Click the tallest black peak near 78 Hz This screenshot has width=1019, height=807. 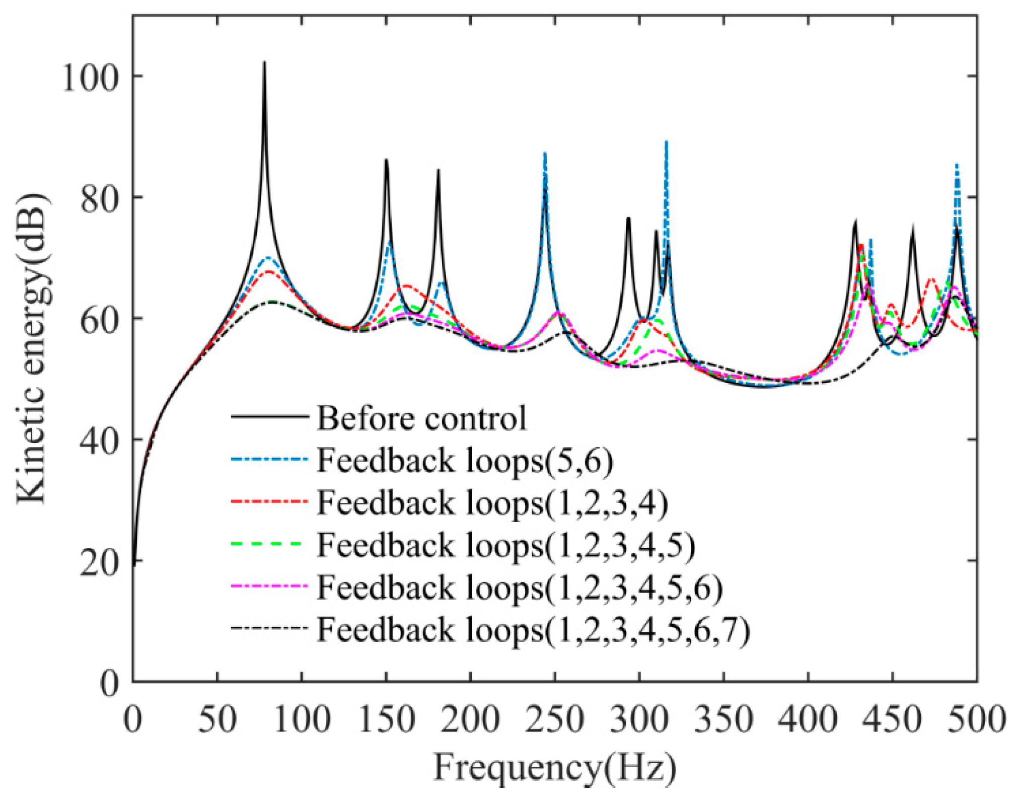(x=264, y=63)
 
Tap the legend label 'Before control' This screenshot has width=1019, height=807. (x=422, y=418)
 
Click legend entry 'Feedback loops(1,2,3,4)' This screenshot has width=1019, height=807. (x=492, y=502)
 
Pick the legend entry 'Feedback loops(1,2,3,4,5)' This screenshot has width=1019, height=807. (x=506, y=545)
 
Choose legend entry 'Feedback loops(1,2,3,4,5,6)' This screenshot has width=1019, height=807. (x=520, y=587)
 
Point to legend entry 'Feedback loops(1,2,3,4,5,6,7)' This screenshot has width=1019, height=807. (x=533, y=629)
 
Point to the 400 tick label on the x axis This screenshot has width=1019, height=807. (x=808, y=719)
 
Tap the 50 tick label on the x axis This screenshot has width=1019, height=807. (x=217, y=719)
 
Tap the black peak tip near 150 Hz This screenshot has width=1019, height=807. (x=386, y=160)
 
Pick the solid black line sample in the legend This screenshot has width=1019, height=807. (x=269, y=416)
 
